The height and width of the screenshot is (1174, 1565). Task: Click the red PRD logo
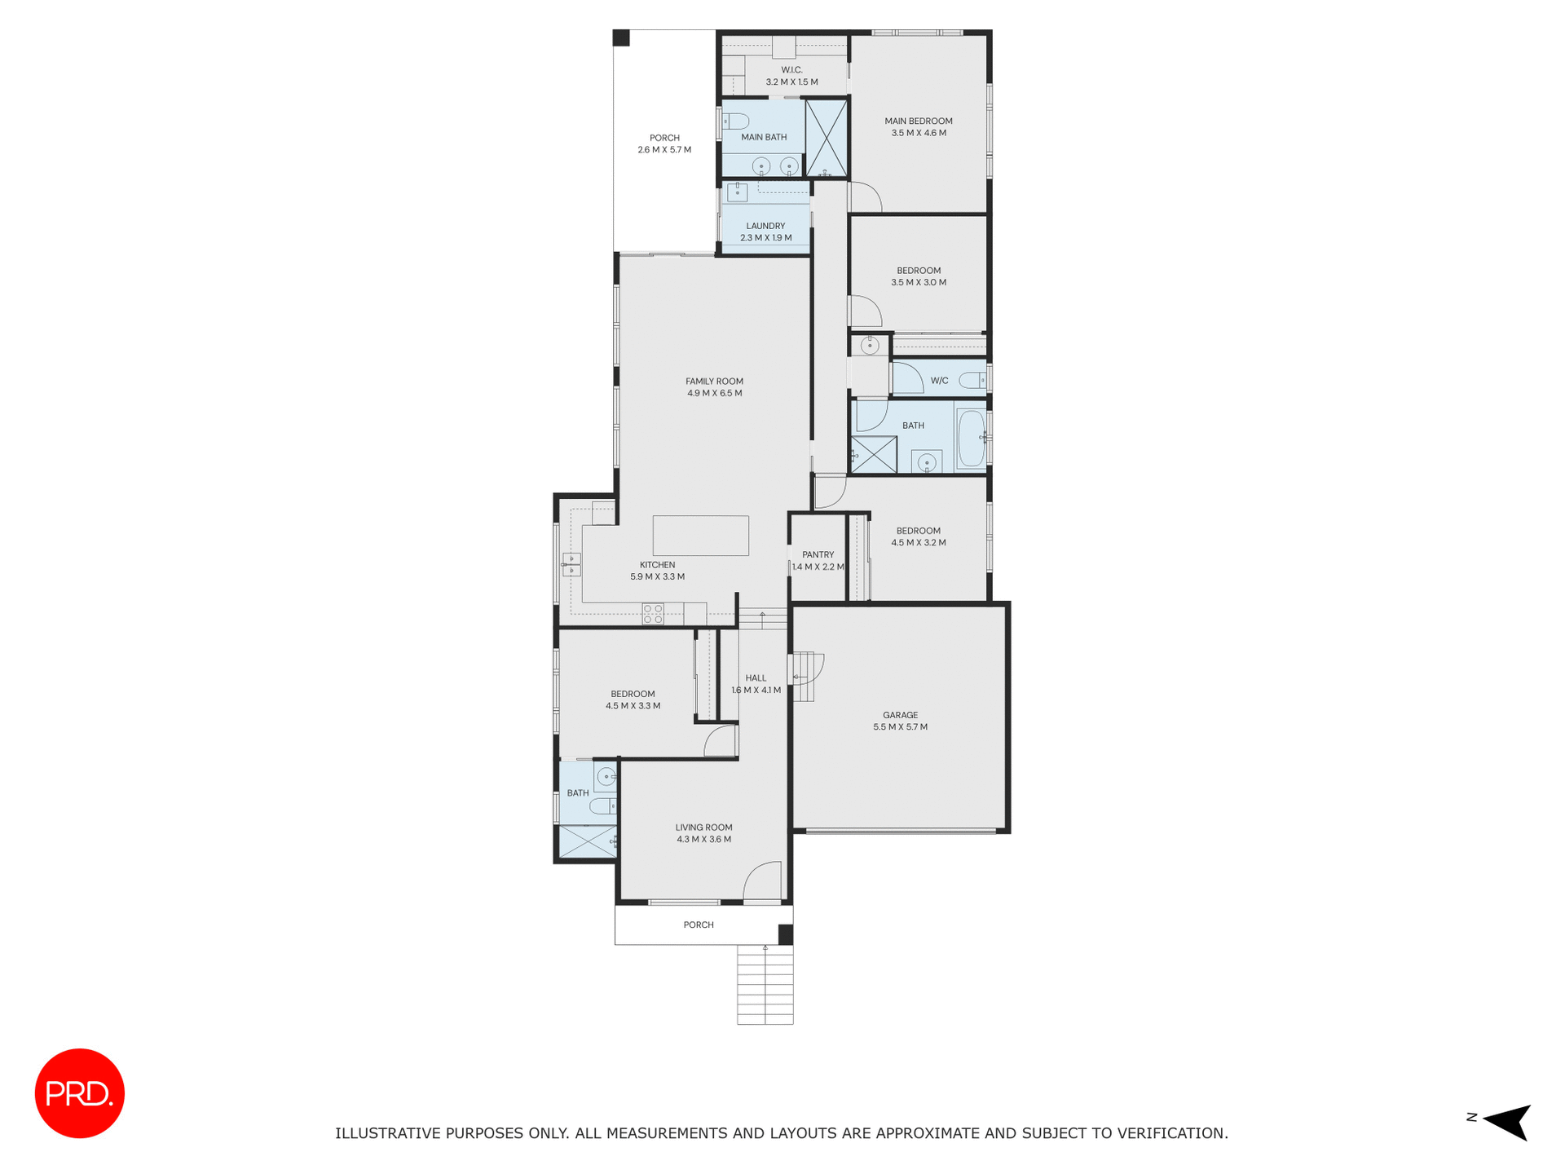[x=79, y=1092]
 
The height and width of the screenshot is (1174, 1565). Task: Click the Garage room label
[x=900, y=715]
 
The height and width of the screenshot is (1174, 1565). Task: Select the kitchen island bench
[x=700, y=536]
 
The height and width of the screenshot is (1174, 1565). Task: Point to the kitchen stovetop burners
[x=653, y=614]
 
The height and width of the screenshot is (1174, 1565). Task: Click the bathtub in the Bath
[x=971, y=439]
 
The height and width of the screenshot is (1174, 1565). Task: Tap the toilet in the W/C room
[x=972, y=380]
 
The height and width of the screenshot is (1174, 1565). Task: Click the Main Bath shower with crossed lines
[x=827, y=137]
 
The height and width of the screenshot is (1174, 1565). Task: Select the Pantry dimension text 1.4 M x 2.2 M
[x=818, y=567]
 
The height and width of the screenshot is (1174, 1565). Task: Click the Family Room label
[x=714, y=381]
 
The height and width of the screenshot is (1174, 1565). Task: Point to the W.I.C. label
[x=791, y=70]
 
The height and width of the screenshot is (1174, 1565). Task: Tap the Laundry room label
[x=765, y=226]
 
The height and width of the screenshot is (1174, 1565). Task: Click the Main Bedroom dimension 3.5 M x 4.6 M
[x=919, y=133]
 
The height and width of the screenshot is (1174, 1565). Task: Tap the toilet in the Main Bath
[x=736, y=121]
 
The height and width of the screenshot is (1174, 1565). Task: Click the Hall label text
[x=756, y=677]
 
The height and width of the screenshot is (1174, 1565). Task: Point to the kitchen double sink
[x=571, y=564]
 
